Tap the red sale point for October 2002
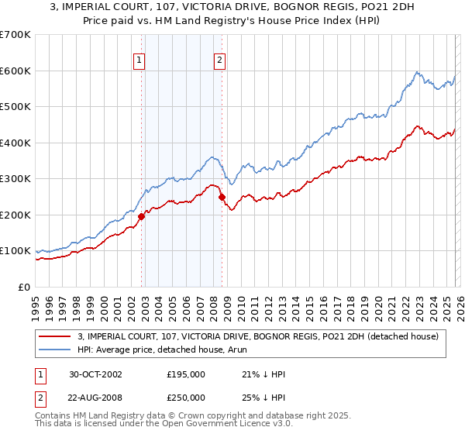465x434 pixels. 142,217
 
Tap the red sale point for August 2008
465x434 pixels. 222,197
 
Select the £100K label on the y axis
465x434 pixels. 15,251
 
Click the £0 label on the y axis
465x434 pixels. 23,287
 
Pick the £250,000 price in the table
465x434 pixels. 186,396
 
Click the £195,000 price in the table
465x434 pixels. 186,374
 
